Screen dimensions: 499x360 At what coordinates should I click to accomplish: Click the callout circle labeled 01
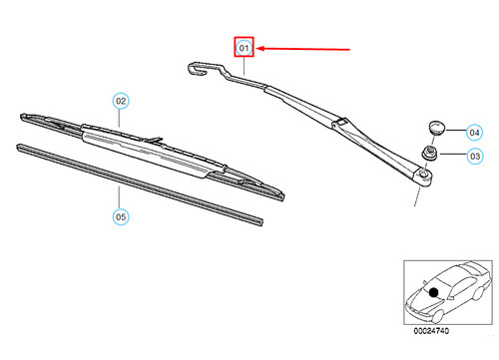[244, 48]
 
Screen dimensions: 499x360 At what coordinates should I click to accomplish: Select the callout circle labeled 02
[121, 101]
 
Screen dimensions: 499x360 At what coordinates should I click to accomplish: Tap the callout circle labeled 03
[475, 156]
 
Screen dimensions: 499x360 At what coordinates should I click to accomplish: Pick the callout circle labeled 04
[474, 133]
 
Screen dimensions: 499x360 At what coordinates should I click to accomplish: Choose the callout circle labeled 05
[121, 216]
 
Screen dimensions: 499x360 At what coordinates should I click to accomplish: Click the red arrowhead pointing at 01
[260, 49]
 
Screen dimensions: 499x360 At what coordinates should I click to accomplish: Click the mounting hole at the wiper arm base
[423, 174]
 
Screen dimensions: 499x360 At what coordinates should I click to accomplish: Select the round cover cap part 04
[436, 128]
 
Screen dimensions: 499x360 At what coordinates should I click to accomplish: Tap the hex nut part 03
[430, 154]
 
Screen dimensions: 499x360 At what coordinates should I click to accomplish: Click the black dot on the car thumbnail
[433, 292]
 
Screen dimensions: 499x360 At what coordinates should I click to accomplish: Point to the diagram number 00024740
[431, 331]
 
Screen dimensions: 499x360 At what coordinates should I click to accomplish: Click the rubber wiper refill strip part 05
[140, 184]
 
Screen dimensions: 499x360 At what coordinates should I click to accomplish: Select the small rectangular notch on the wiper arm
[340, 122]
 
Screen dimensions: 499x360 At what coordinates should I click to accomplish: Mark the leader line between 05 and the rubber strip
[119, 197]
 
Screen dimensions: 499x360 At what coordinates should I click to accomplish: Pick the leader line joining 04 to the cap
[456, 131]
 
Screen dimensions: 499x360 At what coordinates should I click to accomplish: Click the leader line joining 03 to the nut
[453, 154]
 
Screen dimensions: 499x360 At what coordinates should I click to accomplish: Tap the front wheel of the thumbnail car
[438, 316]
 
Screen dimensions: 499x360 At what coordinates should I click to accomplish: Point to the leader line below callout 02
[119, 118]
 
